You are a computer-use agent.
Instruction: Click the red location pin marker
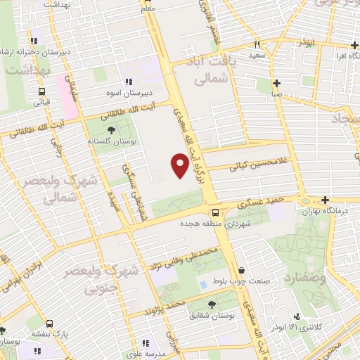tap(180, 166)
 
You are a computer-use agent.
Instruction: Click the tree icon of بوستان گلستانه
tap(110, 129)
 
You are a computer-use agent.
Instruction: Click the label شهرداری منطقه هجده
tap(217, 224)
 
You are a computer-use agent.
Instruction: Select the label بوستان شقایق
tap(212, 316)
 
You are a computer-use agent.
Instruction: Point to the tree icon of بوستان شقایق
tap(212, 304)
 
